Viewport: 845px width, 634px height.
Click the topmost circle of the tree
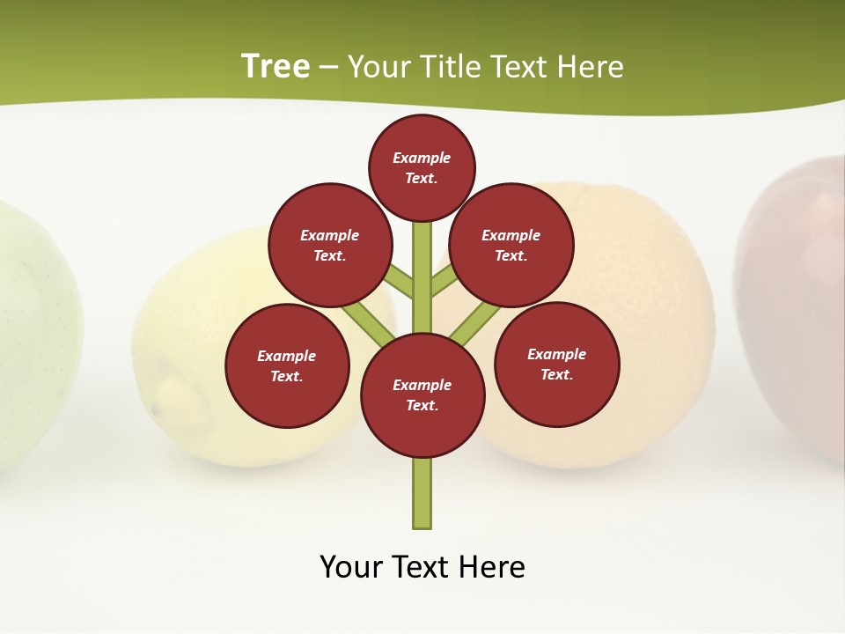click(422, 167)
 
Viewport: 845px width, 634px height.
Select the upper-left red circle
click(329, 245)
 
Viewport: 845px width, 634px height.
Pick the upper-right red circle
click(511, 245)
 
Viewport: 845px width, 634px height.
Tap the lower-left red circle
click(287, 365)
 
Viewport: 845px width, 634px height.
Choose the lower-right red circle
click(557, 364)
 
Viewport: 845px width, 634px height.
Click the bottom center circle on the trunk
click(422, 394)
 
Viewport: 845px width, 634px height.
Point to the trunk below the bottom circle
click(422, 493)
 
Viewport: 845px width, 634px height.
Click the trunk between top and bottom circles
click(422, 282)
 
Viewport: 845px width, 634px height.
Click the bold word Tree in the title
click(276, 66)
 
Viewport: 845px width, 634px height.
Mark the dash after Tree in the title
click(328, 66)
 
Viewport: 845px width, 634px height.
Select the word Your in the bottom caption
click(351, 566)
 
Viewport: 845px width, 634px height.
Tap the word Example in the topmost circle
click(422, 158)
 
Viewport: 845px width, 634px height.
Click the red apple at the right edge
click(797, 299)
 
